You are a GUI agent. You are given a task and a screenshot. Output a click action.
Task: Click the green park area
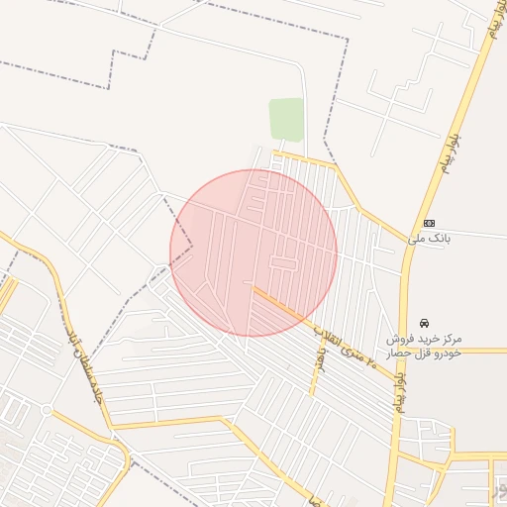pyautogui.click(x=286, y=119)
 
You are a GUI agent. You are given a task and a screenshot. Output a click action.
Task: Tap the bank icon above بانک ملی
pyautogui.click(x=429, y=223)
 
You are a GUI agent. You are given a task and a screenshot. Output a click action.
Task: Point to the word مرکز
pyautogui.click(x=486, y=339)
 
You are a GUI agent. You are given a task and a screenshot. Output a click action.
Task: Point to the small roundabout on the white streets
pyautogui.click(x=45, y=408)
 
